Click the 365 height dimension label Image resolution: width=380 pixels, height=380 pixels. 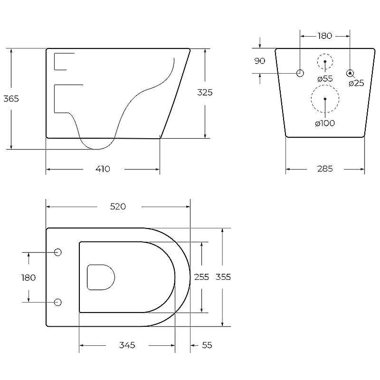(x=11, y=99)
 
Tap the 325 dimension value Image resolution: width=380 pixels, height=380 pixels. (x=205, y=92)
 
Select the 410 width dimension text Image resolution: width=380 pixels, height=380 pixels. (x=103, y=169)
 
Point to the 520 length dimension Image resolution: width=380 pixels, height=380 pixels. (x=118, y=207)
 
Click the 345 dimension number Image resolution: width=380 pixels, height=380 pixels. (x=127, y=345)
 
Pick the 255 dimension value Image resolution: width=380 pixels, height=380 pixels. (x=201, y=277)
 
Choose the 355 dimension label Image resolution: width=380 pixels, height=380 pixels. (x=223, y=277)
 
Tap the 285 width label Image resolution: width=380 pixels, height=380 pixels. (x=325, y=169)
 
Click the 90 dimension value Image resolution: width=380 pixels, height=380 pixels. (x=259, y=61)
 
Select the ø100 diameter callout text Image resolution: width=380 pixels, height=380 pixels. (x=325, y=123)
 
